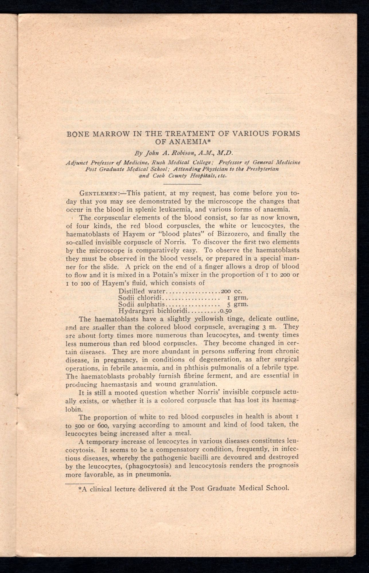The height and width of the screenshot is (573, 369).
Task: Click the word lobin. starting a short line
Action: [74, 408]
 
